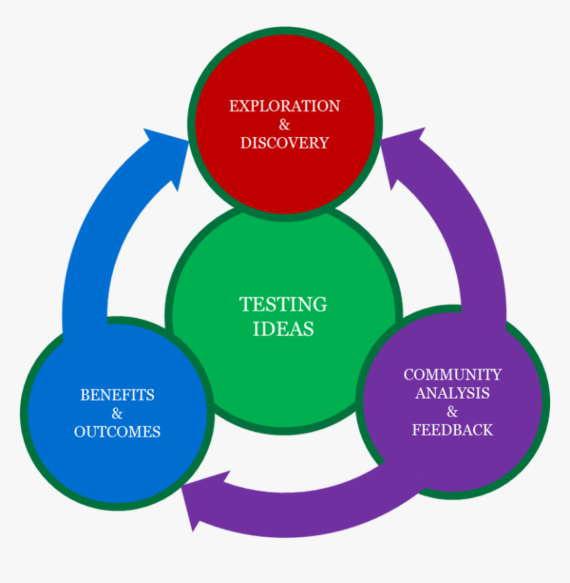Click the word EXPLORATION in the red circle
[x=284, y=106]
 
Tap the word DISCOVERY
[x=284, y=143]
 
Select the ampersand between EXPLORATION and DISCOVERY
[x=284, y=125]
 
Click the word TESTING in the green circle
[x=283, y=304]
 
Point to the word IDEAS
[x=283, y=329]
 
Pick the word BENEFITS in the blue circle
[x=117, y=395]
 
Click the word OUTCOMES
[x=117, y=432]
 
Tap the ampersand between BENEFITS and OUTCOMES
[x=117, y=413]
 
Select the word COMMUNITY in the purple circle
[x=453, y=374]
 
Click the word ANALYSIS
[x=453, y=393]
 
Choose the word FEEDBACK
[x=453, y=430]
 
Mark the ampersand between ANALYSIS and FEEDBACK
[x=453, y=411]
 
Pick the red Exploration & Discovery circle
[x=285, y=125]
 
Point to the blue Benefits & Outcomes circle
[x=117, y=413]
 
